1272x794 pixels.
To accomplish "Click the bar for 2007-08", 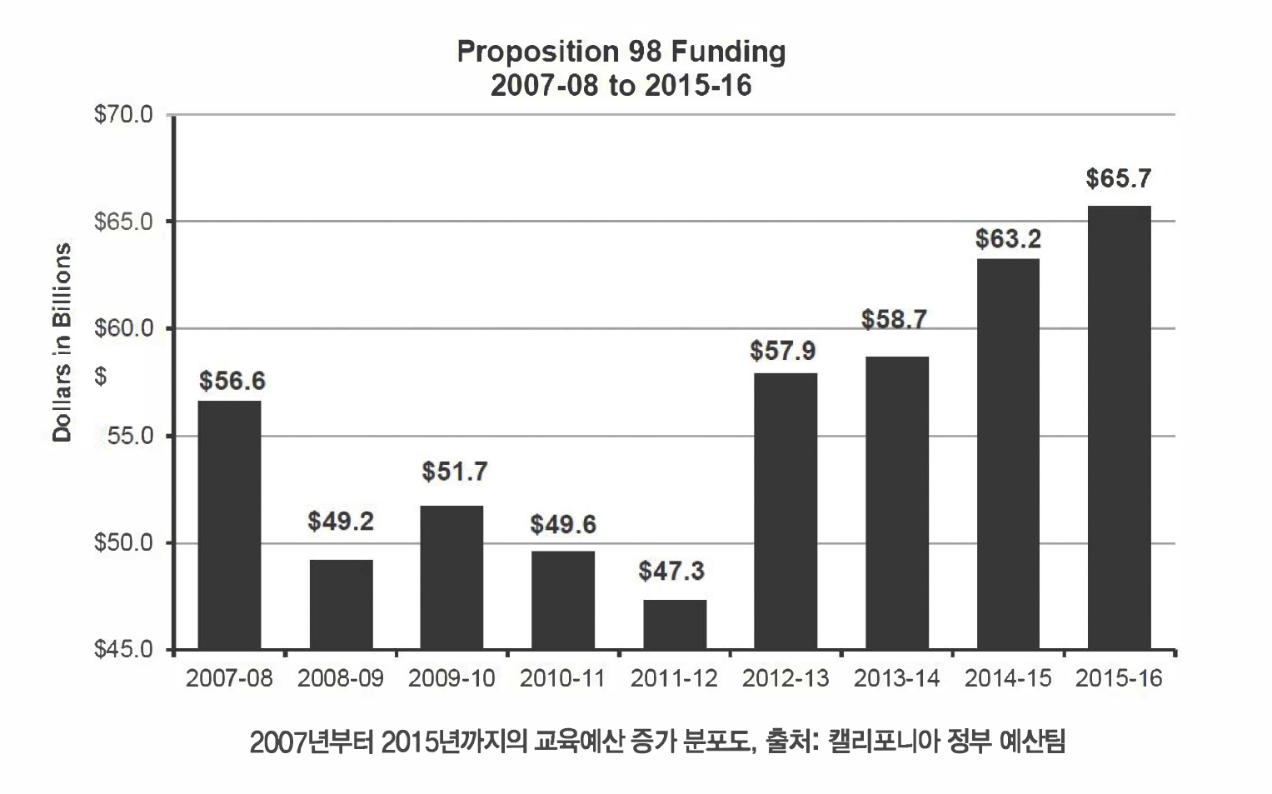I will pyautogui.click(x=229, y=525).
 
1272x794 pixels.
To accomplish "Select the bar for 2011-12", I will pyautogui.click(x=675, y=624).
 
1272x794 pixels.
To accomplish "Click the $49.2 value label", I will pyautogui.click(x=341, y=522).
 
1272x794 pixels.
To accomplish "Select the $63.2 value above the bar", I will pyautogui.click(x=1008, y=239).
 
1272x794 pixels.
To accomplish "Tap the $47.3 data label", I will pyautogui.click(x=671, y=571).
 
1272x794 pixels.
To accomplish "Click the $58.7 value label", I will pyautogui.click(x=895, y=319).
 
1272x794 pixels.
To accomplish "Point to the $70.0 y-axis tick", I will pyautogui.click(x=124, y=114).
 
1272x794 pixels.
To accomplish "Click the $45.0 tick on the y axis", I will pyautogui.click(x=124, y=649).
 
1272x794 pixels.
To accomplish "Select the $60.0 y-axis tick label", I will pyautogui.click(x=124, y=328).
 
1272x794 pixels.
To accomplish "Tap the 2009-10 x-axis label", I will pyautogui.click(x=451, y=678).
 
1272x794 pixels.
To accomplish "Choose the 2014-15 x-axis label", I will pyautogui.click(x=1008, y=678).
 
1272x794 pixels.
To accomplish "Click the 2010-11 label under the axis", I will pyautogui.click(x=562, y=678).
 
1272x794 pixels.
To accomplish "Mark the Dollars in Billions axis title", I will pyautogui.click(x=62, y=342).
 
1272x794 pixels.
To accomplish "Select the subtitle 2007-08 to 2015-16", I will pyautogui.click(x=621, y=85).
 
